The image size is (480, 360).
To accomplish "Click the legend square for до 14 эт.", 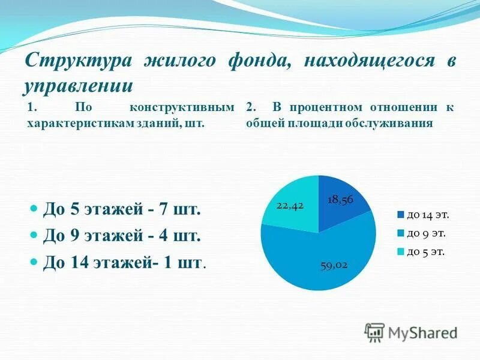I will pos(400,214).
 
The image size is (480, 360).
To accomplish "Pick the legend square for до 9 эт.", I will pos(400,233).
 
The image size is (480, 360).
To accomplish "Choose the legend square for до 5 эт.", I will pos(400,252).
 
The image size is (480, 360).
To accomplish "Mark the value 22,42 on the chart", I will pos(290,205).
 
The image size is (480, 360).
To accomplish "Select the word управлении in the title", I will pos(78,85).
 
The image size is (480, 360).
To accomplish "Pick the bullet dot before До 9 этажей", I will pos(34,236).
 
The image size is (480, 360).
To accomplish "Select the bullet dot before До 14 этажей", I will pos(34,262).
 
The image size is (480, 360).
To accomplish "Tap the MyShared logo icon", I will pos(375,332).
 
